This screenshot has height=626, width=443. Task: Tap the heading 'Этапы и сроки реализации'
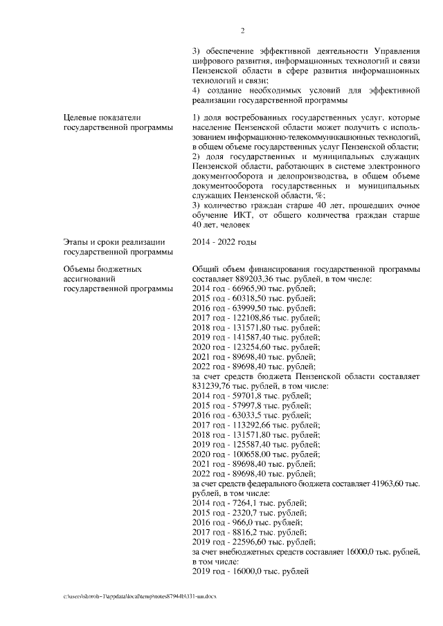(x=113, y=241)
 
